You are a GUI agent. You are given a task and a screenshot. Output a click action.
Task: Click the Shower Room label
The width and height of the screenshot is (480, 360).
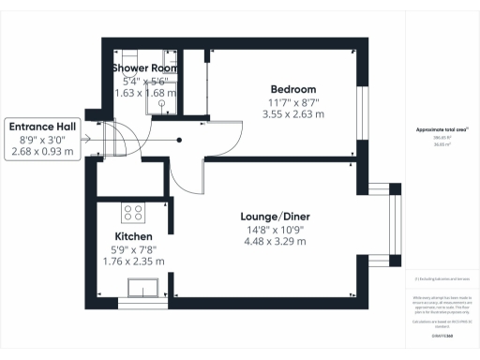tap(146, 69)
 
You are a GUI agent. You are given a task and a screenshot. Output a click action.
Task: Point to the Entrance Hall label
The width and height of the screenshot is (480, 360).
tap(43, 125)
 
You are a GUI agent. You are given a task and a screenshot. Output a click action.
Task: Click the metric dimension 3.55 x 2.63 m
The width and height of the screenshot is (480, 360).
tap(293, 114)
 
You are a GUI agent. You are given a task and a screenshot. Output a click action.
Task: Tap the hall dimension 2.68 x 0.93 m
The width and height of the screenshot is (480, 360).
tap(43, 151)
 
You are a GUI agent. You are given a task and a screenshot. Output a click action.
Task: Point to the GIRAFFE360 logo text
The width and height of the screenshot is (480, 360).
tap(442, 334)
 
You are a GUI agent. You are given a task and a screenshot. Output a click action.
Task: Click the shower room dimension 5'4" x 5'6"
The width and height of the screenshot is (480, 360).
tap(141, 82)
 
